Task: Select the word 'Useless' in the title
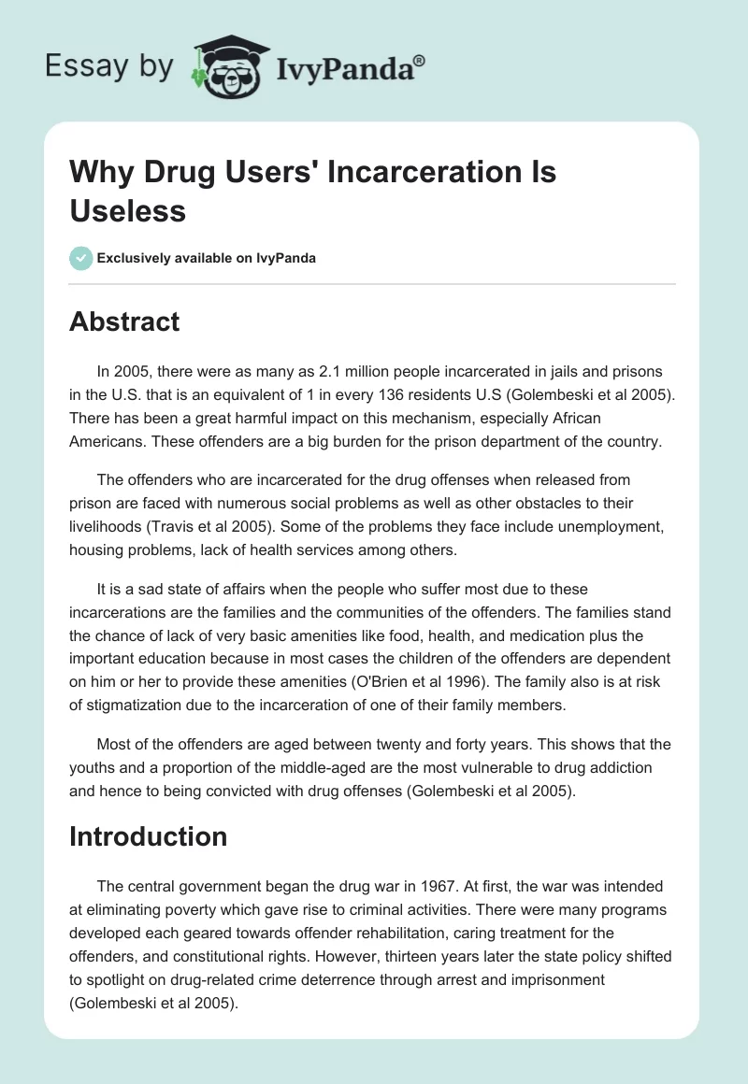coord(127,210)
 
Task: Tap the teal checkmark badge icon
coord(81,258)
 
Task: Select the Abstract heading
coord(124,321)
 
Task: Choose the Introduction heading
coord(148,835)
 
